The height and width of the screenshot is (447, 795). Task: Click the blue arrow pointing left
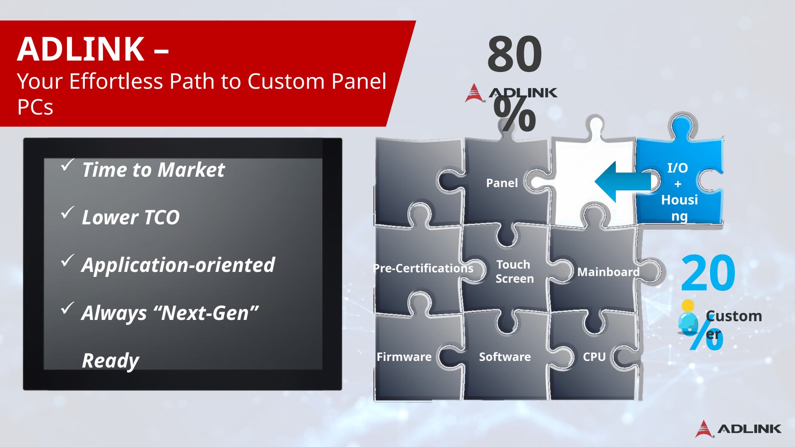(x=623, y=182)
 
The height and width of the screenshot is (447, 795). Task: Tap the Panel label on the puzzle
(x=502, y=183)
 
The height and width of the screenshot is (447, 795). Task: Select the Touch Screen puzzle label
(x=514, y=272)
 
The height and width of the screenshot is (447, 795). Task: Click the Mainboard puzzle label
(x=608, y=272)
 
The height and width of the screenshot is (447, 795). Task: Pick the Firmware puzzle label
(x=404, y=357)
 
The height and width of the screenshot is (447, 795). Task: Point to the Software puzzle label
(x=505, y=357)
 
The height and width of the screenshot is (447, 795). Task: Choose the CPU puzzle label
(x=594, y=357)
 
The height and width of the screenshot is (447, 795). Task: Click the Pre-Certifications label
(x=423, y=268)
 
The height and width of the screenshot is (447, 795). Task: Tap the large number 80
(x=514, y=54)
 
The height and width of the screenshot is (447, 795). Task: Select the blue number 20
(x=708, y=273)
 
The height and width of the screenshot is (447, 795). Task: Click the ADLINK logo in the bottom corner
(x=738, y=429)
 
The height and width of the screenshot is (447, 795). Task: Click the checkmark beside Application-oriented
(x=67, y=260)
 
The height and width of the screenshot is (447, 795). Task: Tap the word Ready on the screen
(x=110, y=361)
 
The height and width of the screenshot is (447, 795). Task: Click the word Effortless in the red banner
(x=116, y=81)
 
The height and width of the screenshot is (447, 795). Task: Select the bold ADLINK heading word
(x=81, y=49)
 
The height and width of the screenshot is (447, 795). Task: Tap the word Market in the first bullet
(x=191, y=170)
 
